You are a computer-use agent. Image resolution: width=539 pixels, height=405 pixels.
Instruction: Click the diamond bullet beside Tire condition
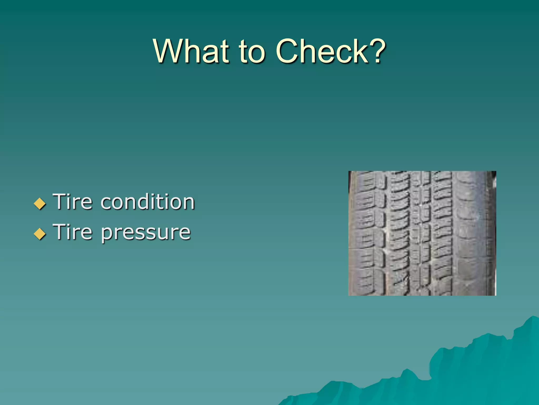(40, 204)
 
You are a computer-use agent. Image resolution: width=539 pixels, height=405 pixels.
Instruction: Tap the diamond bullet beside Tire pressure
(40, 234)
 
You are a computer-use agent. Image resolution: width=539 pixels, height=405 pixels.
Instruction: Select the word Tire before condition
(73, 202)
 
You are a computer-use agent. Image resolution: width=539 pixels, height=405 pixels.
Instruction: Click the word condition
(148, 202)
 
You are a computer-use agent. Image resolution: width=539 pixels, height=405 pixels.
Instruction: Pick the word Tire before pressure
(73, 232)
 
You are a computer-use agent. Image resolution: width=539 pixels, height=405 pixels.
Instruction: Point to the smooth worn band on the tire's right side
(471, 233)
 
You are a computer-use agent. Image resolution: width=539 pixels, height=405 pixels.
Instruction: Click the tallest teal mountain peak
(533, 318)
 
